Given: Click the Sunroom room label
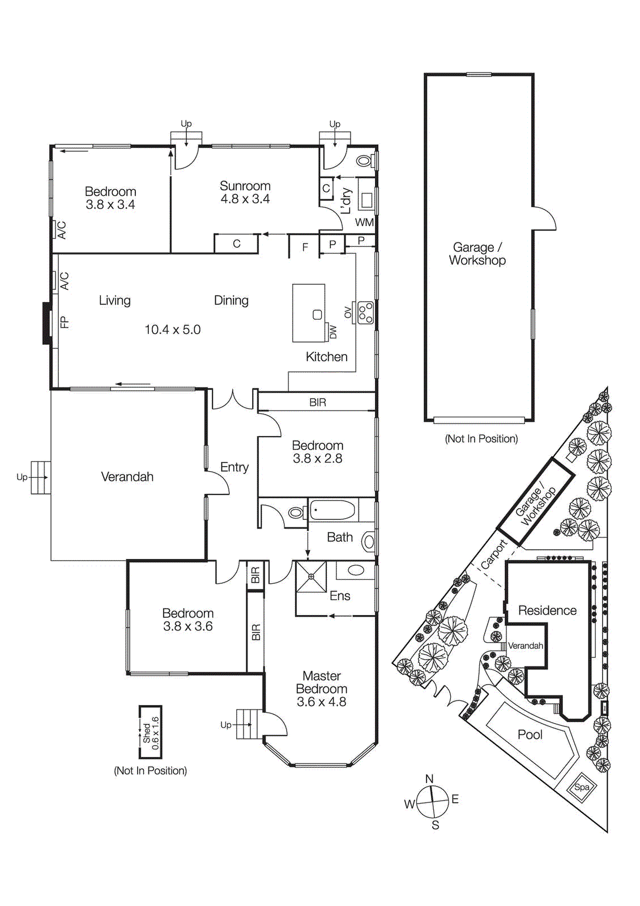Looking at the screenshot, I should pyautogui.click(x=245, y=186).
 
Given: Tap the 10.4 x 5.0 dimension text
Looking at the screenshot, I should pyautogui.click(x=172, y=330).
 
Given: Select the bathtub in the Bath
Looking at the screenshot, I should pyautogui.click(x=332, y=510).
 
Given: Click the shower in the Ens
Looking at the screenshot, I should pyautogui.click(x=311, y=576).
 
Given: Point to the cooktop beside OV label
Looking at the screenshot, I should pyautogui.click(x=365, y=313).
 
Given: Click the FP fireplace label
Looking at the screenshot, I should pyautogui.click(x=64, y=322).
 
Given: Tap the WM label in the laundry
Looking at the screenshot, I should pyautogui.click(x=364, y=223).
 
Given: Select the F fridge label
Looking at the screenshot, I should pyautogui.click(x=305, y=247).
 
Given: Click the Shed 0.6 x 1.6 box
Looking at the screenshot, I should pyautogui.click(x=151, y=732).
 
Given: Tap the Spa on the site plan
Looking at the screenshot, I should pyautogui.click(x=582, y=787).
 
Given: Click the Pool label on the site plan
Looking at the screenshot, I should pyautogui.click(x=530, y=735).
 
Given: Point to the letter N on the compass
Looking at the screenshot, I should pyautogui.click(x=429, y=779).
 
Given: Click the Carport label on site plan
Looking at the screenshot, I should pyautogui.click(x=493, y=554).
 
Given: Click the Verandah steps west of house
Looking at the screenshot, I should pyautogui.click(x=41, y=477).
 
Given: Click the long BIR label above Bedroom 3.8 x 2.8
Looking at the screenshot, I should pyautogui.click(x=317, y=402).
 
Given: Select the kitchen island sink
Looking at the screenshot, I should pyautogui.click(x=317, y=315).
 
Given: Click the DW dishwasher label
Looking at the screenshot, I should pyautogui.click(x=333, y=332).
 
